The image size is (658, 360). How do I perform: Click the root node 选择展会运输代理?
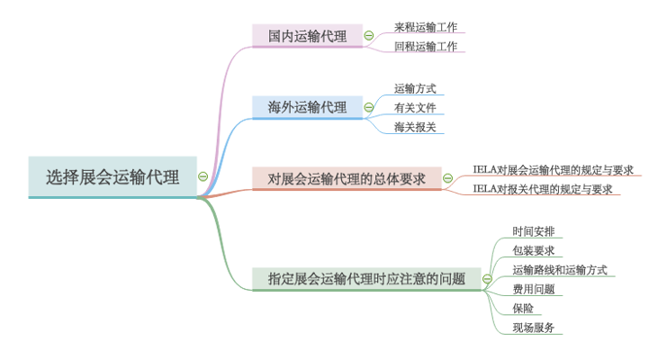click(113, 177)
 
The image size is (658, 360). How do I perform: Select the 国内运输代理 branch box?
click(307, 36)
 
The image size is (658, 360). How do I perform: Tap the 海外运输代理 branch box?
click(307, 107)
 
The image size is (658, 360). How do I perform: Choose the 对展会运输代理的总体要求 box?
click(347, 178)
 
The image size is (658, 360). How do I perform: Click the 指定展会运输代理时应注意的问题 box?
click(366, 279)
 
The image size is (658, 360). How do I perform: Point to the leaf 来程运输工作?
click(426, 27)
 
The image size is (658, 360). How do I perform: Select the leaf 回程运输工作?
click(426, 46)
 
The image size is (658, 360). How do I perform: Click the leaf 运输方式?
click(415, 88)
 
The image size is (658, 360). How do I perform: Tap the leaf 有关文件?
click(415, 108)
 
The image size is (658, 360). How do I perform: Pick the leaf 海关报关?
click(415, 127)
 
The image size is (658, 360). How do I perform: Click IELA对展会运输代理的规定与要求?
click(554, 169)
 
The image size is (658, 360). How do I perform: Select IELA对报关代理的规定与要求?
click(543, 189)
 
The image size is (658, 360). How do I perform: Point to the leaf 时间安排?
click(534, 230)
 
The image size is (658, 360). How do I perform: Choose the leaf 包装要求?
click(534, 250)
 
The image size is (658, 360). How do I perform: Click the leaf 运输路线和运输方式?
click(560, 269)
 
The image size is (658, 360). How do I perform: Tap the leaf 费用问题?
click(534, 289)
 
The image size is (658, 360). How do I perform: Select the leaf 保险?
click(523, 309)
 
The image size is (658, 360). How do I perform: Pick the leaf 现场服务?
click(534, 328)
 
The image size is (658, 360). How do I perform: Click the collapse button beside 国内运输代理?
click(369, 36)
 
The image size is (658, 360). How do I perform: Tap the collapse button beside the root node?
click(203, 177)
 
